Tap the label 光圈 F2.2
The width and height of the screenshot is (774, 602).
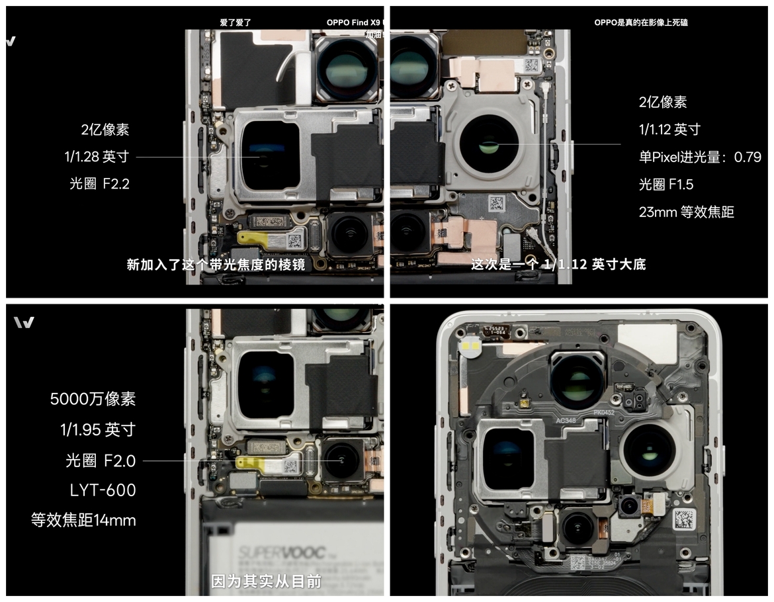coord(99,184)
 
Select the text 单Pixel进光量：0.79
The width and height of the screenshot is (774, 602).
coord(700,157)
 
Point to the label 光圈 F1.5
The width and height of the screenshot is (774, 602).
coord(666,185)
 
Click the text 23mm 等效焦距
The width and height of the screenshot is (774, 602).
coord(686,212)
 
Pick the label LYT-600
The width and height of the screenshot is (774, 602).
coord(103,490)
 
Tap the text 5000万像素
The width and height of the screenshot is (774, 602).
coord(93,399)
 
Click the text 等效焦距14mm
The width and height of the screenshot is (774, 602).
coord(83,520)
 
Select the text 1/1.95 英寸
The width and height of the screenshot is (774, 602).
coord(97,430)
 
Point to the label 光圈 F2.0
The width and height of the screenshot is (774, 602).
coord(101,460)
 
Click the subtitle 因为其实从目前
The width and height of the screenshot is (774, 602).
coord(266,581)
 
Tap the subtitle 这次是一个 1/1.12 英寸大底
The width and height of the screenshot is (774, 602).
coord(558,265)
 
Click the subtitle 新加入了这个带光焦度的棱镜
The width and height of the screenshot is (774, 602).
coord(216,265)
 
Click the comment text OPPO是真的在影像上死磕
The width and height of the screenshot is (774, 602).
coord(640,22)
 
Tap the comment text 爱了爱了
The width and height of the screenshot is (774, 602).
coord(236,22)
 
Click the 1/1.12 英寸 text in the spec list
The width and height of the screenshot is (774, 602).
coord(669,130)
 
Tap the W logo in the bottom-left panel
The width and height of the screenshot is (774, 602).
coord(24,322)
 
